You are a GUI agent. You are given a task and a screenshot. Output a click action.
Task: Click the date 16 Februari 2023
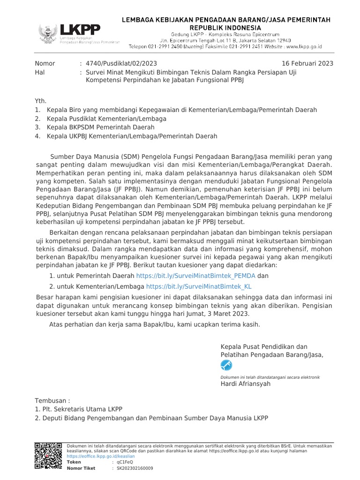(307, 64)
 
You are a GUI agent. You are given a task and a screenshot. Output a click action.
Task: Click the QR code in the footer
(48, 457)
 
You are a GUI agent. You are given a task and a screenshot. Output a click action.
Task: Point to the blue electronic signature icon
(227, 365)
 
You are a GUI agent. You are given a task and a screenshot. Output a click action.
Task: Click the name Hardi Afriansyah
(245, 384)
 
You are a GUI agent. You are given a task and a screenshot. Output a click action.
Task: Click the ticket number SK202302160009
(135, 468)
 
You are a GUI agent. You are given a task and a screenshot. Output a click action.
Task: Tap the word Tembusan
(52, 401)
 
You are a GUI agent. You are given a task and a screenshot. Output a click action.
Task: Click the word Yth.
(41, 101)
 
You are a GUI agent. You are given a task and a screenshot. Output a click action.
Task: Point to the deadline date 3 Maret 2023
(226, 314)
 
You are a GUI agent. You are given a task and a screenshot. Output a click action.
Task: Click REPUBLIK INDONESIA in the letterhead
(226, 28)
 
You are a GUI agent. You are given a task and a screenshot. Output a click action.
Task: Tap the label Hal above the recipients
(40, 73)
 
